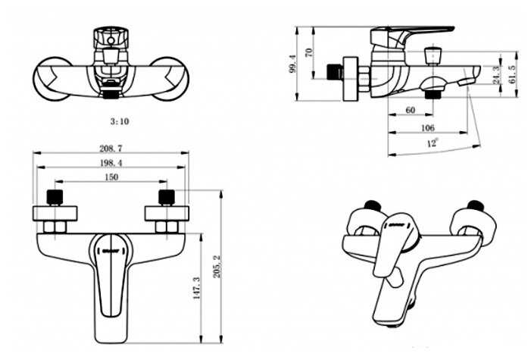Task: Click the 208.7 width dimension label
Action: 111,149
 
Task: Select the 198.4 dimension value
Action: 111,163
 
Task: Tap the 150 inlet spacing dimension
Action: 111,177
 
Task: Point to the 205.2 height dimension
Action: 217,267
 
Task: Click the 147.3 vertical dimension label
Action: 197,288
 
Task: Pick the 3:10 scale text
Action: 120,121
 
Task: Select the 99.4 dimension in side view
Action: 292,64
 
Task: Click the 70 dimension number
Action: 309,52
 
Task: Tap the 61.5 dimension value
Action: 512,74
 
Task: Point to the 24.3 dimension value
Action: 496,75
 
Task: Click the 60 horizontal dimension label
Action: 410,110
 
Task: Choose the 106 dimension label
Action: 427,128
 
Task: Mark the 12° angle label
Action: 432,142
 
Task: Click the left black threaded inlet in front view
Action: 55,197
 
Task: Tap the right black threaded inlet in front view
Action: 167,197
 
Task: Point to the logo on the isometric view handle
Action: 395,224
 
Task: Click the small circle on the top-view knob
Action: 111,41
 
